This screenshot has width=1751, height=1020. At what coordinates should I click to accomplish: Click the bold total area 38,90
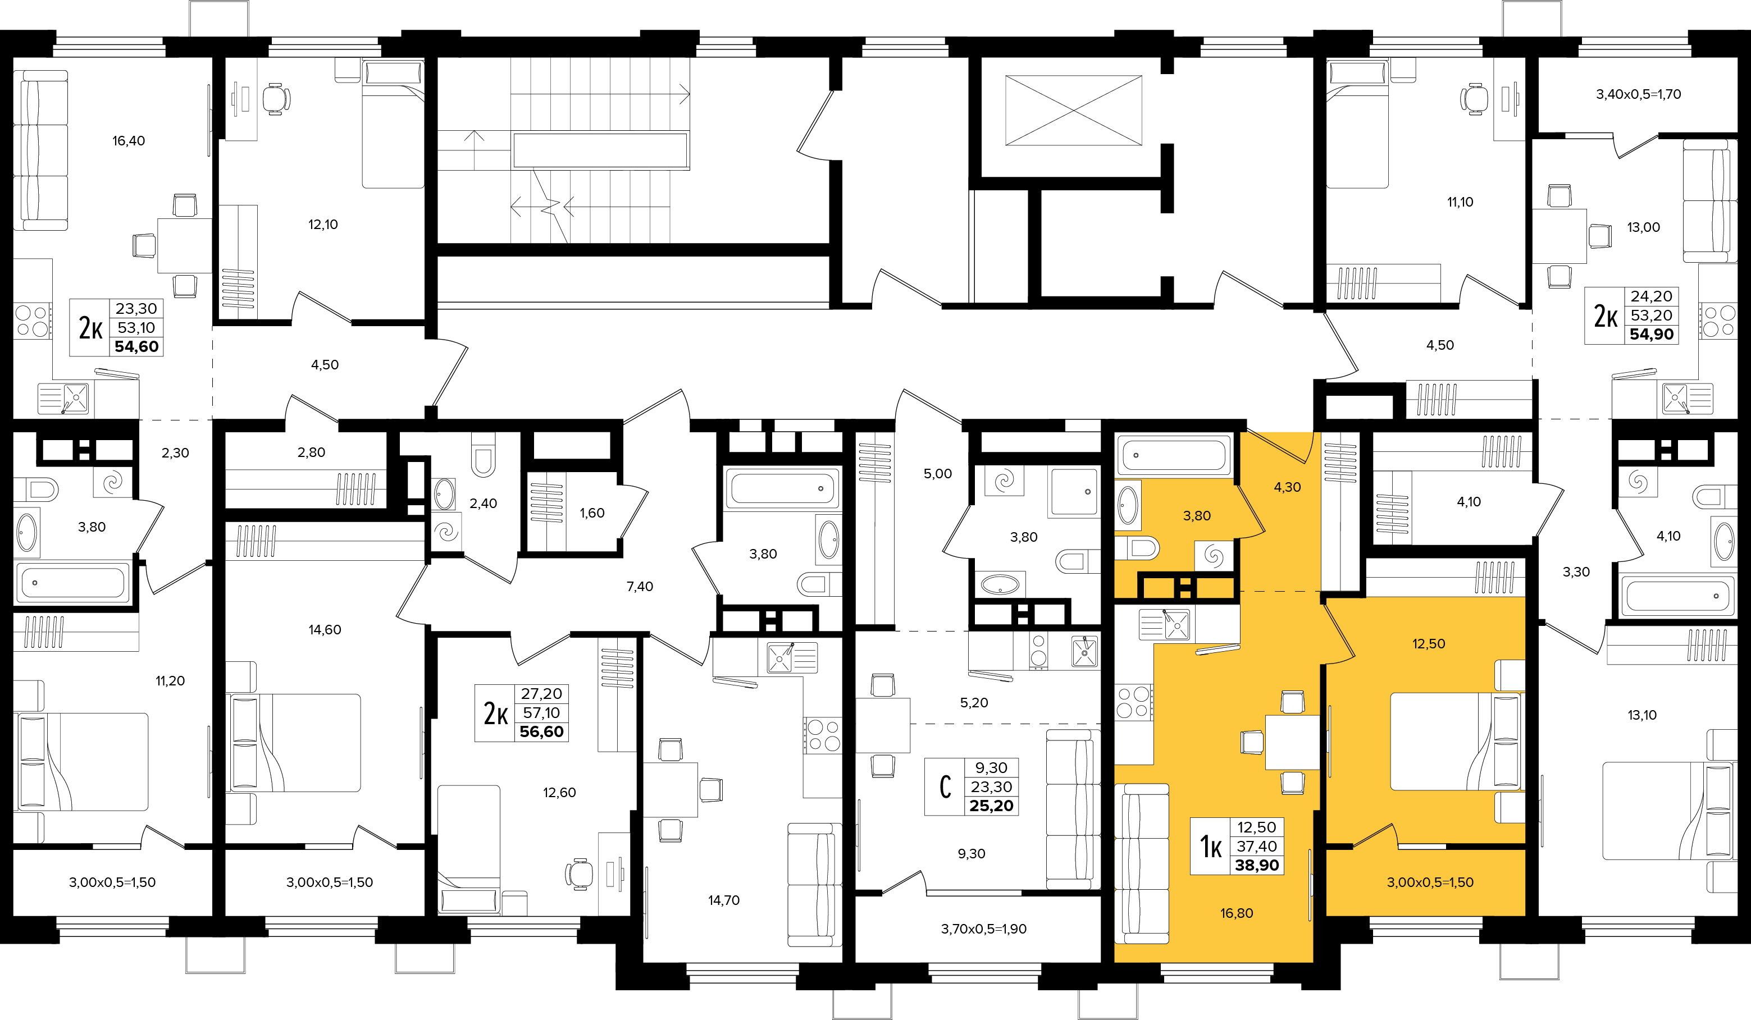tap(1256, 865)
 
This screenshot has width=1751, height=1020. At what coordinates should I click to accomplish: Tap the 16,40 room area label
tap(129, 141)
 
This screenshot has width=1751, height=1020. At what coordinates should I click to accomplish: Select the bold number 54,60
tap(136, 346)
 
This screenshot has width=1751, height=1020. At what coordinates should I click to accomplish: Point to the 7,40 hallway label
tap(639, 587)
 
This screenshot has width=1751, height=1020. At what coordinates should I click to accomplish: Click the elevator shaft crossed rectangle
tap(1074, 111)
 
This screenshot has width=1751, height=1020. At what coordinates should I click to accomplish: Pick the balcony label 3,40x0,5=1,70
tap(1639, 94)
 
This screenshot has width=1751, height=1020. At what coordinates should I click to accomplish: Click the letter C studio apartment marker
tap(945, 786)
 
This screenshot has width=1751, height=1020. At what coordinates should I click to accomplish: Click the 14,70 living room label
tap(723, 900)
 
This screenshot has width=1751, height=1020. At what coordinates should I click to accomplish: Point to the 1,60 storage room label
tap(592, 513)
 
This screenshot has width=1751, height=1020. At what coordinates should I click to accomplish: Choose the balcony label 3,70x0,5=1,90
tap(983, 929)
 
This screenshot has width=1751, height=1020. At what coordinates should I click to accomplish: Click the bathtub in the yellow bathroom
tap(1174, 455)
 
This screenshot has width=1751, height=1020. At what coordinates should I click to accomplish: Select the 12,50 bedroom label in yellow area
tap(1429, 644)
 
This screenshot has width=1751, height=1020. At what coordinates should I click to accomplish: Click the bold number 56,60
tap(541, 732)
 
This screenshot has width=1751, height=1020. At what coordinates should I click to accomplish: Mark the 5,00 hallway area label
tap(937, 474)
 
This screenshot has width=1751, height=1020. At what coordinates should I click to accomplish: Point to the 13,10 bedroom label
tap(1642, 715)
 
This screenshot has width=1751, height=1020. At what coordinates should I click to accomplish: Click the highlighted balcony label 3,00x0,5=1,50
tap(1430, 882)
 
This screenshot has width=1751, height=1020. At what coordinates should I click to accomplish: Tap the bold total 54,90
tap(1652, 334)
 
